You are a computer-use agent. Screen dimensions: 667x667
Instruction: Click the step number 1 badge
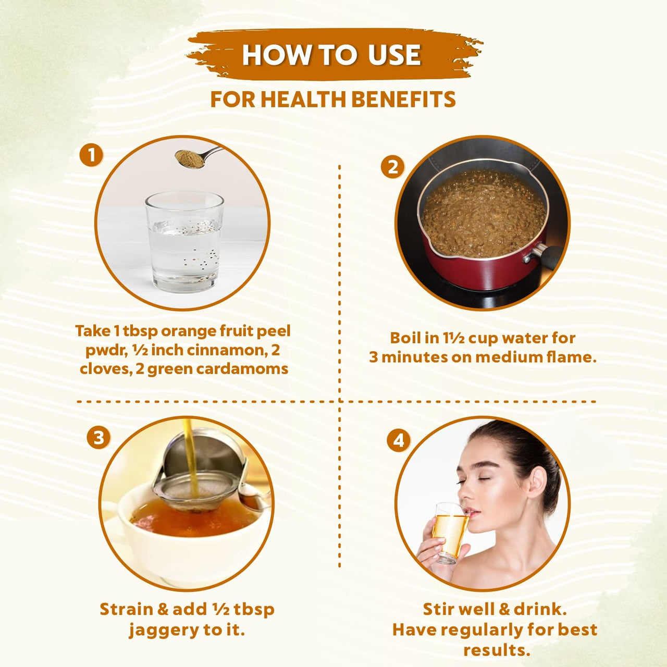(91, 155)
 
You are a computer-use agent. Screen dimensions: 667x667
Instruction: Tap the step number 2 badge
(392, 167)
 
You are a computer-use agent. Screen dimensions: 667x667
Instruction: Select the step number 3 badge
(98, 438)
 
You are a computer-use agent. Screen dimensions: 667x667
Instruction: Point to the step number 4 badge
(399, 441)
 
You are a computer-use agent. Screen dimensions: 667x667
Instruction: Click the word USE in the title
(394, 55)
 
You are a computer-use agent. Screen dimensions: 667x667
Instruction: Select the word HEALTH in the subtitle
(303, 100)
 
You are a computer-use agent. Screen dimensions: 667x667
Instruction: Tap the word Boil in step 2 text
(406, 338)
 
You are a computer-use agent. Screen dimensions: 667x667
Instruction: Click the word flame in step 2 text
(572, 357)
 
